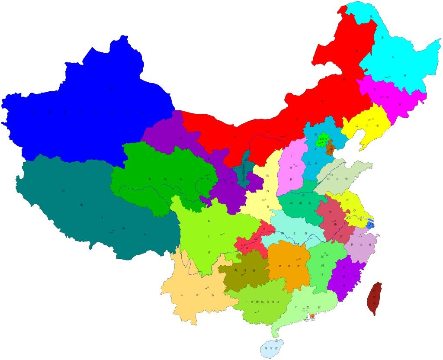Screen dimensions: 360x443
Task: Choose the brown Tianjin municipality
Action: click(330, 148)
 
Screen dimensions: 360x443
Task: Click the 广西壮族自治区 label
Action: click(263, 302)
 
